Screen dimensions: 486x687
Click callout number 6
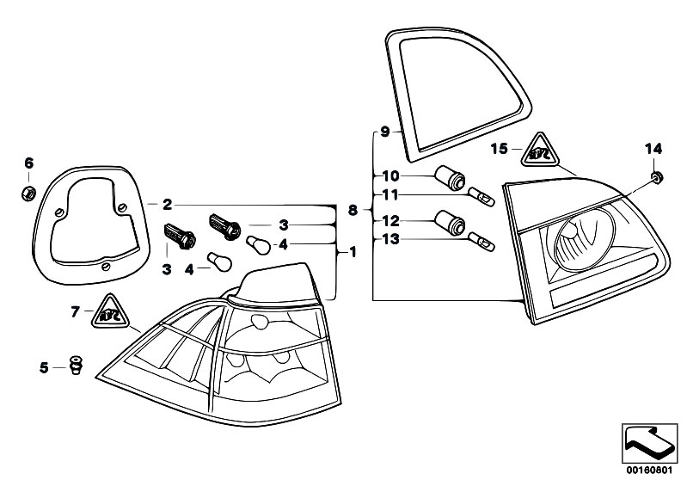coord(28,163)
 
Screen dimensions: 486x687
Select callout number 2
coord(167,205)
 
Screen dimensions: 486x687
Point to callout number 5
coord(44,367)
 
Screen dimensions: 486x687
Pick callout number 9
coord(385,132)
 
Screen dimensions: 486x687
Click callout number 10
coord(390,175)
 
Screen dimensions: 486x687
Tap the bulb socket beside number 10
coord(451,178)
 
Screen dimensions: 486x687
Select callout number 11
coord(390,195)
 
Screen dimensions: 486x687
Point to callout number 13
coord(390,240)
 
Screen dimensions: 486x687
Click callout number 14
coord(653,148)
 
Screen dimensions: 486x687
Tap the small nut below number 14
coord(655,177)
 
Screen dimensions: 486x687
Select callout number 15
coord(500,149)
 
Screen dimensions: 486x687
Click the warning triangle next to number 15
coord(539,152)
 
